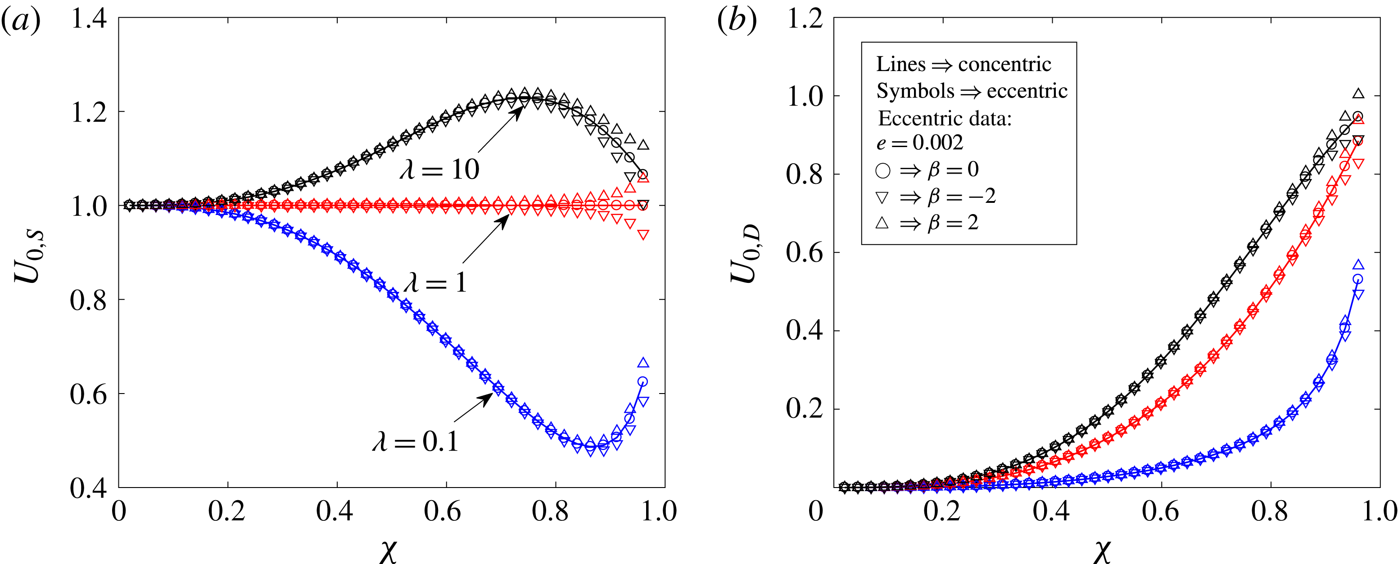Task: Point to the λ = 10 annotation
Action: point(439,170)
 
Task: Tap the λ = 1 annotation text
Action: point(435,282)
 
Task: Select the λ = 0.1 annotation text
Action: point(415,441)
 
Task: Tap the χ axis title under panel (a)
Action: point(388,550)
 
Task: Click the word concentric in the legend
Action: point(1004,64)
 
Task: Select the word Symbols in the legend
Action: point(915,90)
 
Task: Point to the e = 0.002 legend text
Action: point(919,143)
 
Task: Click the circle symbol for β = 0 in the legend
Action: point(883,171)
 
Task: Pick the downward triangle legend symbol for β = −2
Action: point(882,197)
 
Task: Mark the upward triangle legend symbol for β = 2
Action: point(882,223)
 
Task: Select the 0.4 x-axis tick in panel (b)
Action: point(1051,511)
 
